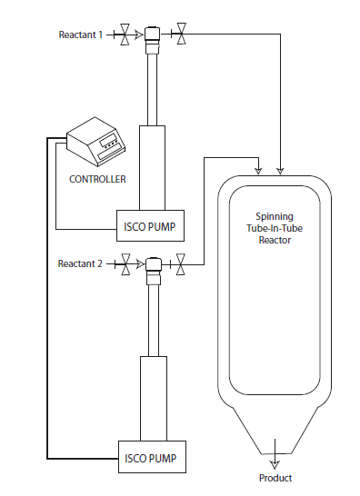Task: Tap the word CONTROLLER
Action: pyautogui.click(x=97, y=179)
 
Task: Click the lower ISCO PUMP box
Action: pyautogui.click(x=152, y=457)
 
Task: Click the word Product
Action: pyautogui.click(x=275, y=479)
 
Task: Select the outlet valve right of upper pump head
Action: pyautogui.click(x=182, y=35)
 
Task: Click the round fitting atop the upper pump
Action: pyautogui.click(x=152, y=35)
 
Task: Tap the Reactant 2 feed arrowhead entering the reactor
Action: pyautogui.click(x=260, y=170)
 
